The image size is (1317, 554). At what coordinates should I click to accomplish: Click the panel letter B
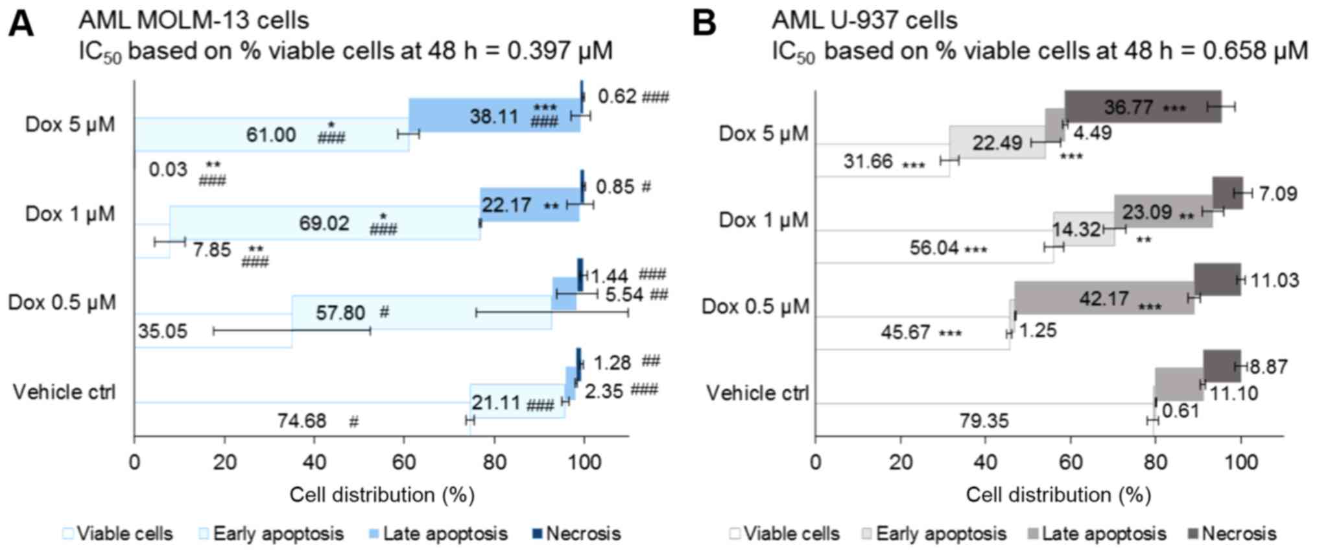pos(705,24)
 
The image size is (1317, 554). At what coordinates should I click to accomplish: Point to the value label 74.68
pos(302,421)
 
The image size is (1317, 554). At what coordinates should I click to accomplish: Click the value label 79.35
pos(984,421)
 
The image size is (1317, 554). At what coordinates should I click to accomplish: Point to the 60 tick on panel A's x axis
pos(404,463)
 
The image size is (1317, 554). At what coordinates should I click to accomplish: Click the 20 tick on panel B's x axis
pos(900,463)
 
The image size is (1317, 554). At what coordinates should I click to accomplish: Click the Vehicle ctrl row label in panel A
pos(64,392)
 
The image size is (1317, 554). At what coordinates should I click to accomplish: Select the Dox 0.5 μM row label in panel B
pos(755,306)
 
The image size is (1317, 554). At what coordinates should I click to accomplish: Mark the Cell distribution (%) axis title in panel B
pos(1058,495)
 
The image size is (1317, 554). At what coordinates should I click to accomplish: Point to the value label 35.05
pos(162,331)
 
